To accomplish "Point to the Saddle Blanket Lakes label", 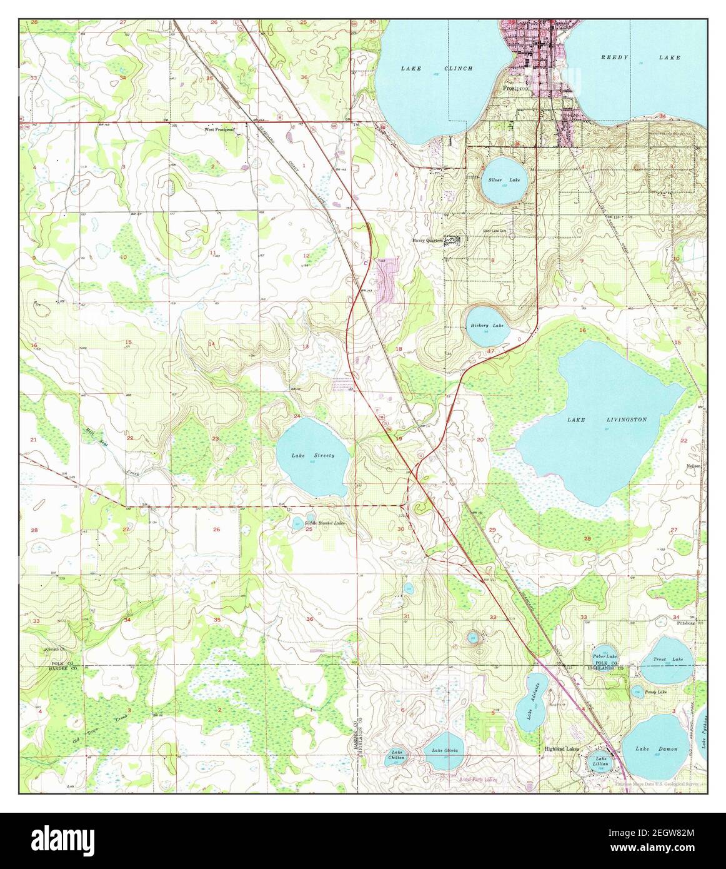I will pos(324,522).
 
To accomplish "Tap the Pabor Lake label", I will pos(605,655).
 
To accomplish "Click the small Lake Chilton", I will pos(396,755).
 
